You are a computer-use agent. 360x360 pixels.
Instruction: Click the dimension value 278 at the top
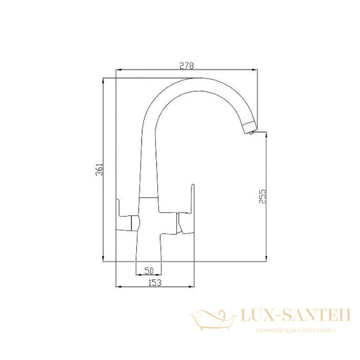(186, 66)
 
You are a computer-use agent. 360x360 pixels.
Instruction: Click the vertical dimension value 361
(100, 170)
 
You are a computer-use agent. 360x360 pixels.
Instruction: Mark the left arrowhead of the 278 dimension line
(118, 71)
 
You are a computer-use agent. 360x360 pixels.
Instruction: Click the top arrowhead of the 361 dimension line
(104, 79)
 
